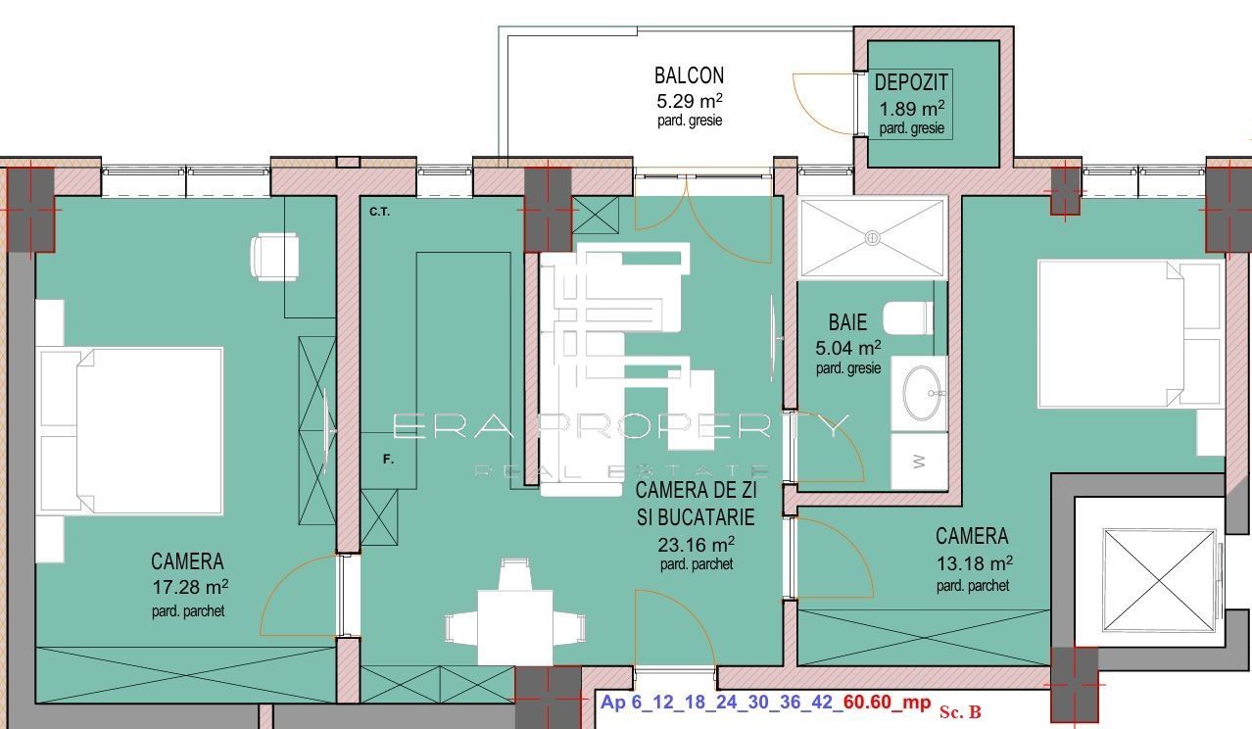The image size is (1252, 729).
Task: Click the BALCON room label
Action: (x=689, y=75)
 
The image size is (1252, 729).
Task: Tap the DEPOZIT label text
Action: (x=911, y=84)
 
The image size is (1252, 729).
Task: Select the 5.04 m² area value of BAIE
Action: (x=847, y=347)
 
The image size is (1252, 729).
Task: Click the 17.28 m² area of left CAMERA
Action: (x=189, y=588)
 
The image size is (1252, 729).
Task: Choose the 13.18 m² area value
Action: (x=973, y=563)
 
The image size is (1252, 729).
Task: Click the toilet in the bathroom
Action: (x=907, y=318)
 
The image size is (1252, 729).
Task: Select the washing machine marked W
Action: (x=919, y=462)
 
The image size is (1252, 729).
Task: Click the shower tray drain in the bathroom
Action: (x=871, y=237)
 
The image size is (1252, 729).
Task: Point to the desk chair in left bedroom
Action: (x=273, y=257)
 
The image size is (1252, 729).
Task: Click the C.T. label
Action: (x=380, y=212)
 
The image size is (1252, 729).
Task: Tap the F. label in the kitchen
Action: (x=388, y=459)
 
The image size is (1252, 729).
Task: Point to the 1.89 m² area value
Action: (x=911, y=109)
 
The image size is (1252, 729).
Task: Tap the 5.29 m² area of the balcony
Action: (x=690, y=100)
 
